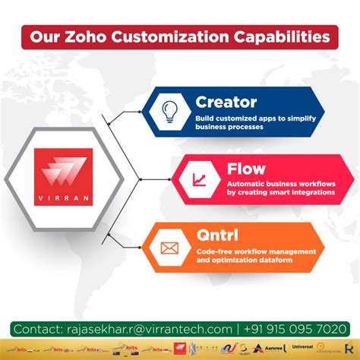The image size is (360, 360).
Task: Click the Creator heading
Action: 226,101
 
